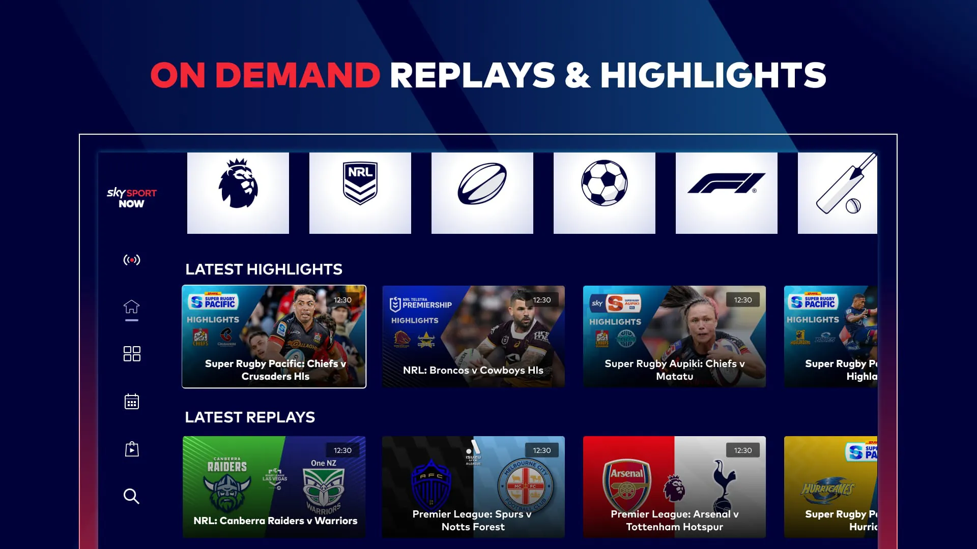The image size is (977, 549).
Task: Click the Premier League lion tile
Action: click(238, 193)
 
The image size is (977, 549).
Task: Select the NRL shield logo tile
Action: click(360, 193)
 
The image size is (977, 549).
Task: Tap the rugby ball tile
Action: click(482, 193)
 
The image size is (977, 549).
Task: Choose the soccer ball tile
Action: click(604, 193)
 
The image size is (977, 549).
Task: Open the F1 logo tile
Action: click(726, 193)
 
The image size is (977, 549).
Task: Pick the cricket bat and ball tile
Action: click(838, 193)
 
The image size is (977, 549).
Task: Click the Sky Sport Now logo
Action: click(131, 198)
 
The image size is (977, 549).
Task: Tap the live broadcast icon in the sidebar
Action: click(132, 260)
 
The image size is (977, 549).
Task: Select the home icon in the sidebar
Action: click(132, 307)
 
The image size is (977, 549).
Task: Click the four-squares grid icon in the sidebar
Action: click(132, 354)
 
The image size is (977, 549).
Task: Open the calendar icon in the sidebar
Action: click(132, 402)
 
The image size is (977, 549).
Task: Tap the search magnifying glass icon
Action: click(131, 496)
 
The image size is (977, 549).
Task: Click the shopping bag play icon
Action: click(132, 449)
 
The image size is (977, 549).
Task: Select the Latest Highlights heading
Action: click(264, 269)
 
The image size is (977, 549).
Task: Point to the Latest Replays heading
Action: click(250, 417)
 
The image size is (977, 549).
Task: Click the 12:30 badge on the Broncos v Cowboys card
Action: click(541, 300)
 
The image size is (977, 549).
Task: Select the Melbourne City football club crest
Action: click(525, 485)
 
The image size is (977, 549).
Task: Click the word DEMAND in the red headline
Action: click(298, 75)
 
